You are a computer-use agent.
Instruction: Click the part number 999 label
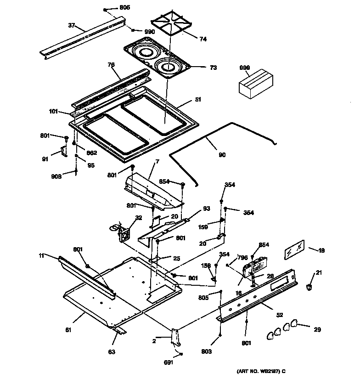click(245, 68)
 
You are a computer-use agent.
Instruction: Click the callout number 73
click(213, 67)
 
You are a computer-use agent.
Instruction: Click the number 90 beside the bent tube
click(222, 155)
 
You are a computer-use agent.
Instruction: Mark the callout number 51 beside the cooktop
click(198, 99)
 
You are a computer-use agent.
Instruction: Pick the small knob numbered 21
click(309, 287)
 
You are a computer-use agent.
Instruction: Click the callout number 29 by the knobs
click(317, 329)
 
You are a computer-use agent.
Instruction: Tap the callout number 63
click(112, 352)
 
